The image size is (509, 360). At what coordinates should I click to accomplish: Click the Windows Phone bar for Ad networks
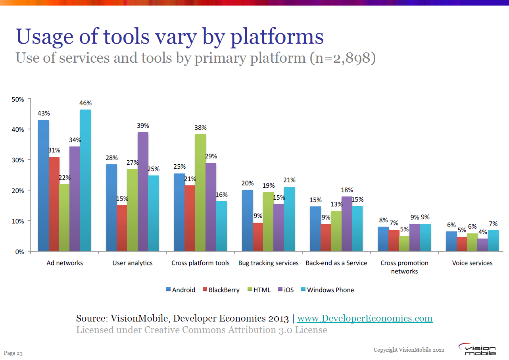[x=85, y=181]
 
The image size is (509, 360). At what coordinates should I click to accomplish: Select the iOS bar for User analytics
[x=143, y=192]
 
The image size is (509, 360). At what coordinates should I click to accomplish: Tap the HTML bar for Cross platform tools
[x=200, y=193]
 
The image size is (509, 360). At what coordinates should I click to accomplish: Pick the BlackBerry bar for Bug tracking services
[x=258, y=237]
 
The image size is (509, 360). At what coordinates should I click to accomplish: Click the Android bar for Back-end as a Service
[x=315, y=229]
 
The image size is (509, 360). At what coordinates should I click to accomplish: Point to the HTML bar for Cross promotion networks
[x=404, y=243]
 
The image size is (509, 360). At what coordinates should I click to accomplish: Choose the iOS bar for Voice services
[x=482, y=244]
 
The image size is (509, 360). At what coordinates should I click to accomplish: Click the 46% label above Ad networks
[x=86, y=103]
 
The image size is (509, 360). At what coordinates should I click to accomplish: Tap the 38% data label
[x=200, y=128]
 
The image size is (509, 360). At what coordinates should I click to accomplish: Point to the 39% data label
[x=143, y=126]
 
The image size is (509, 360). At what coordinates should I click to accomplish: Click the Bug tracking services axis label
[x=268, y=263]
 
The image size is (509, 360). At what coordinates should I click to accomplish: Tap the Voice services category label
[x=472, y=263]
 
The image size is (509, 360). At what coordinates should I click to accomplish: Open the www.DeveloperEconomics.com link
[x=365, y=318]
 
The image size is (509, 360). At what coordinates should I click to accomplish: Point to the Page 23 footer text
[x=13, y=353]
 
